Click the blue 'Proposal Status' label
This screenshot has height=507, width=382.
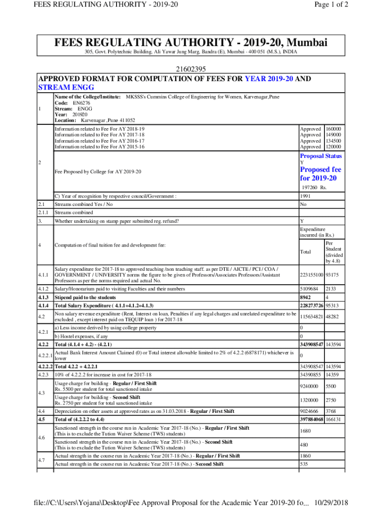tap(320, 156)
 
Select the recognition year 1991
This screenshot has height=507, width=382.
tap(306, 196)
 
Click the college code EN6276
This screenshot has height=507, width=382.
tap(82, 103)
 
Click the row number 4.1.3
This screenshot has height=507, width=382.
tap(45, 297)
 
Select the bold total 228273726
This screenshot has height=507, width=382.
tap(312, 305)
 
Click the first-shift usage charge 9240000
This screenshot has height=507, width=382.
tap(309, 385)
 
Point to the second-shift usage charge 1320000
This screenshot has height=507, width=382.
tap(309, 400)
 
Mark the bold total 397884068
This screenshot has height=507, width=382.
tap(312, 419)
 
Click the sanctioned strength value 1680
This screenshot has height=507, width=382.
tap(306, 431)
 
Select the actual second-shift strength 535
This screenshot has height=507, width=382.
tap(304, 464)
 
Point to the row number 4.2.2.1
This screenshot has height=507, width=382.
tap(46, 355)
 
